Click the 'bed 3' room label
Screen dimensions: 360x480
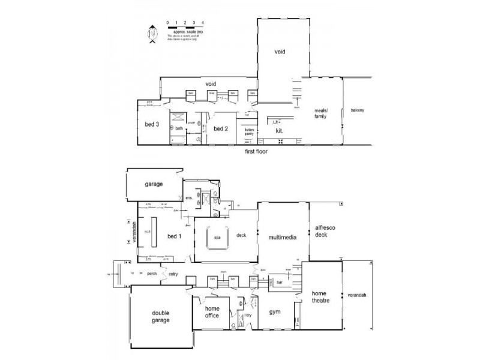(152, 125)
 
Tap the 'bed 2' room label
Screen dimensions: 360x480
(220, 128)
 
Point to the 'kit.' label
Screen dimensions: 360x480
(279, 130)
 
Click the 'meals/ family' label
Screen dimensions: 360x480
(325, 114)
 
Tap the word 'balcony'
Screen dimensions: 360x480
(358, 110)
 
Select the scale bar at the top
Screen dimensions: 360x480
(185, 27)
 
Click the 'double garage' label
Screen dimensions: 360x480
(161, 316)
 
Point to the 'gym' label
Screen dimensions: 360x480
(275, 312)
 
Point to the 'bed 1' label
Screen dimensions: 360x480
(174, 236)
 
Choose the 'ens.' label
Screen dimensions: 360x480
(188, 197)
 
